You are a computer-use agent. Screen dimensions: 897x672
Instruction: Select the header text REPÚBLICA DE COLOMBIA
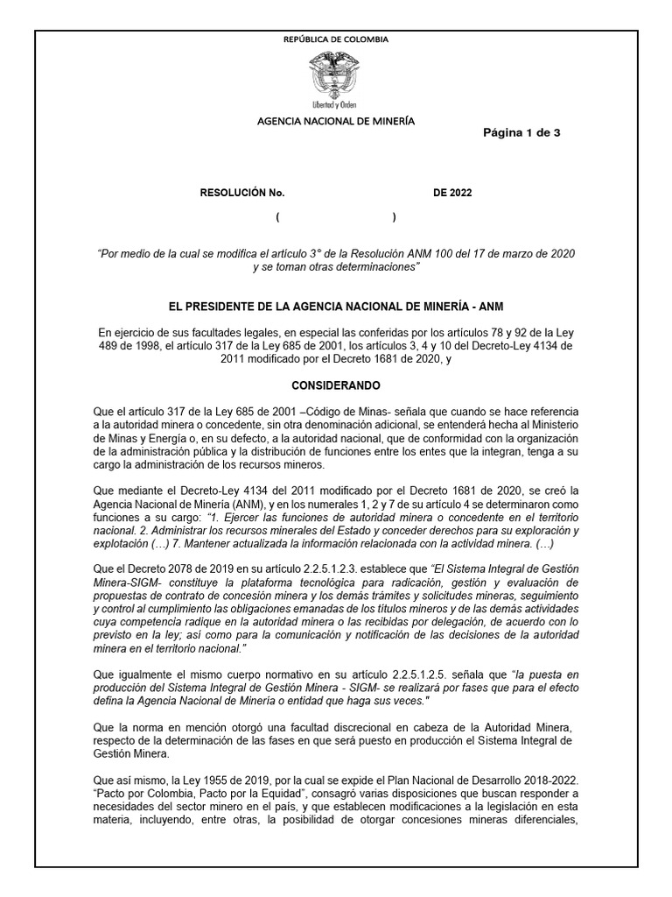(x=336, y=39)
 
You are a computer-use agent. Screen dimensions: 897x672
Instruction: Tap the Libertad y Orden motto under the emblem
(x=336, y=103)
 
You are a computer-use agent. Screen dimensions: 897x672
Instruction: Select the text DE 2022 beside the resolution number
(x=452, y=194)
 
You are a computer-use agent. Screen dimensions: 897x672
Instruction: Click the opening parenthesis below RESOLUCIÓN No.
(x=277, y=217)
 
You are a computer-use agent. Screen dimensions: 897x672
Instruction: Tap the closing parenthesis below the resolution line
(x=394, y=217)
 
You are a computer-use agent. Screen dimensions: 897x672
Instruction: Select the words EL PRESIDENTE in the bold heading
(x=215, y=307)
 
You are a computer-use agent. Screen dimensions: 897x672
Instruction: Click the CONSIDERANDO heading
(x=336, y=385)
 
